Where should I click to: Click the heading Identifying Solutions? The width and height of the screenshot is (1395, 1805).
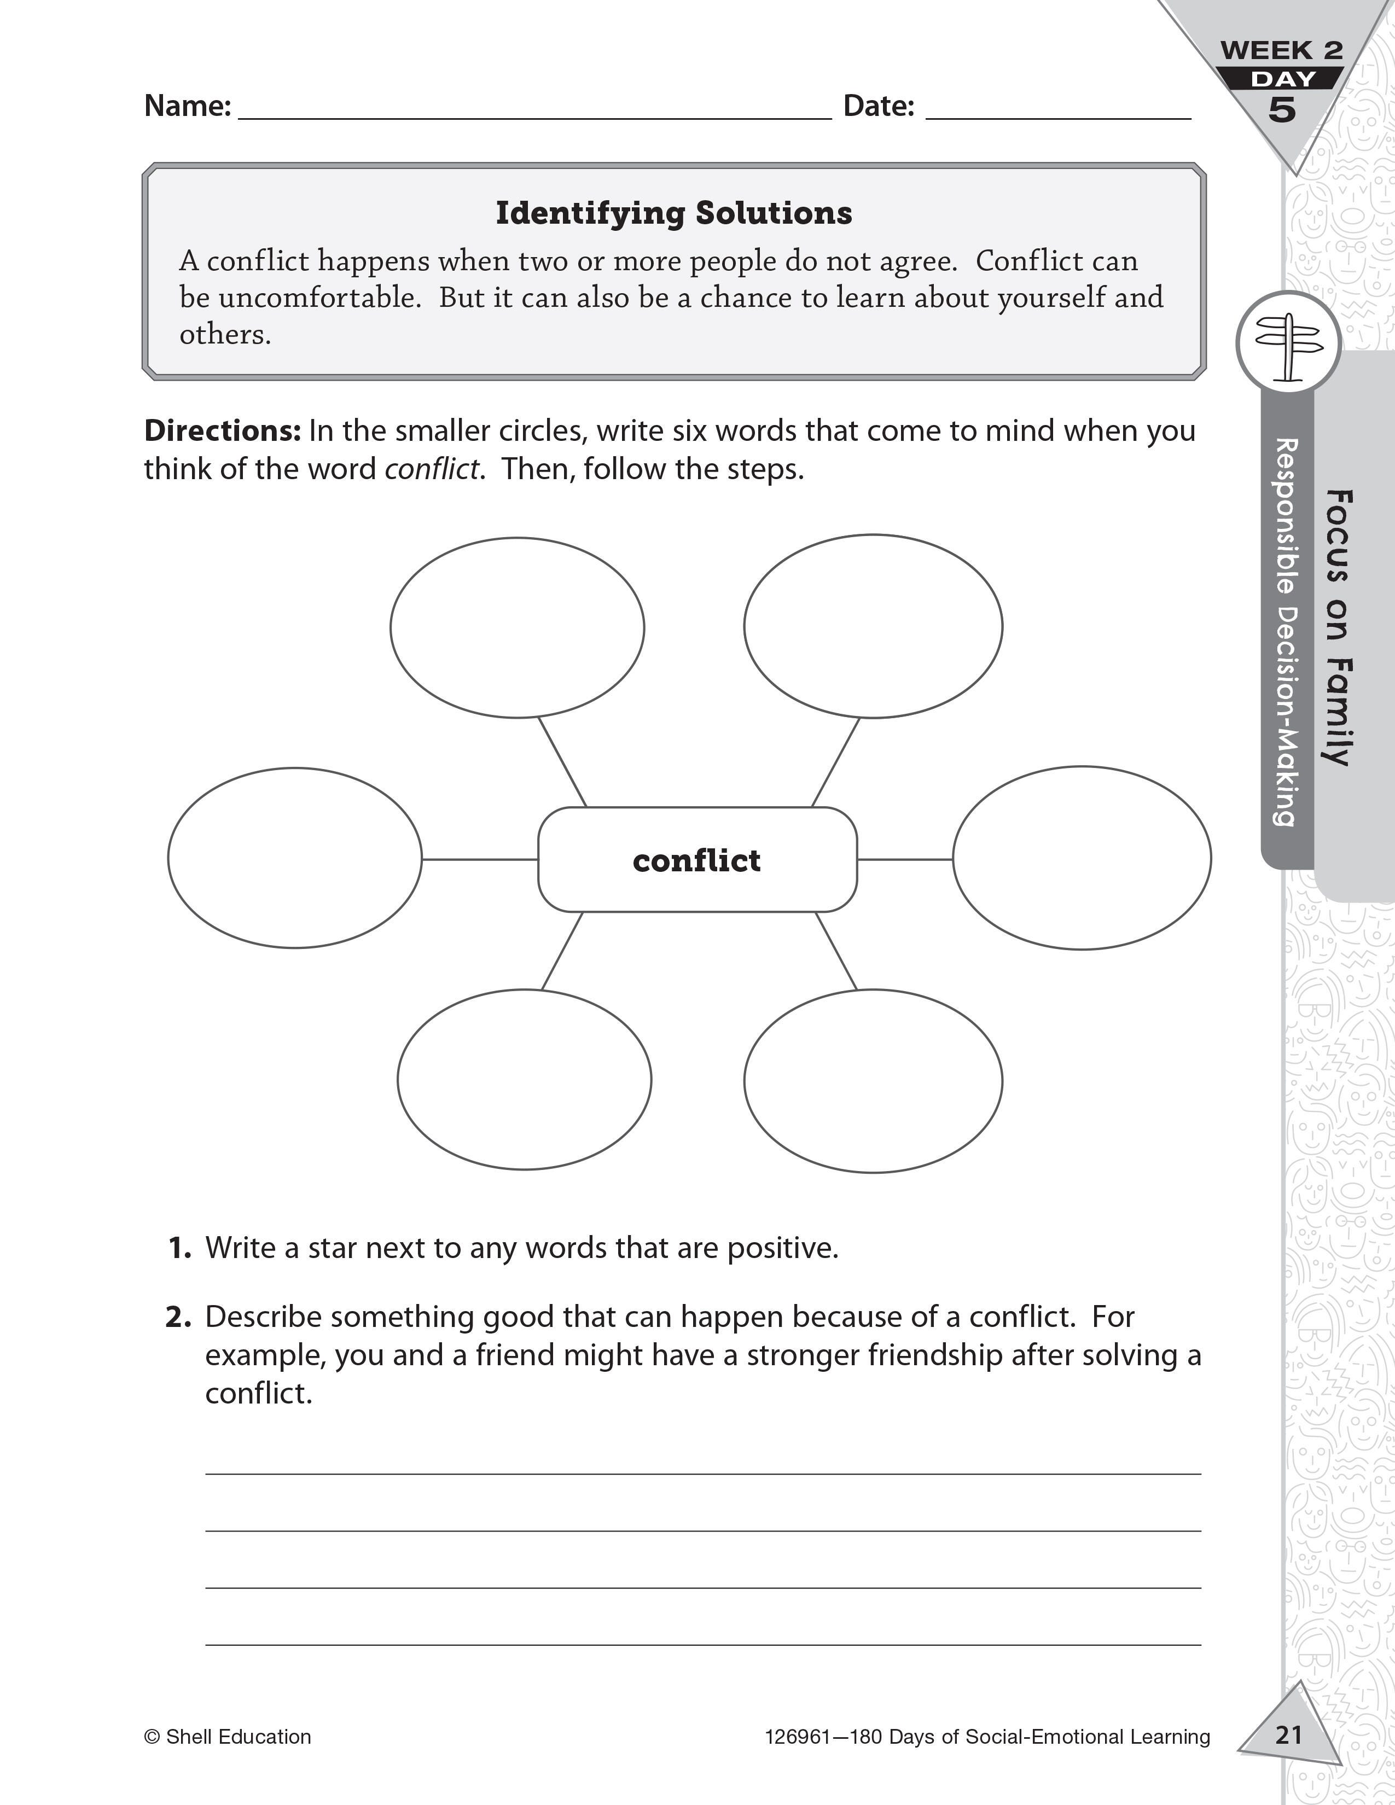coord(673,213)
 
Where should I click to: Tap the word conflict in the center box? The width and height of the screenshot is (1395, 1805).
coord(696,860)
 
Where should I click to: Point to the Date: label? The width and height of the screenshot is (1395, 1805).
coord(879,106)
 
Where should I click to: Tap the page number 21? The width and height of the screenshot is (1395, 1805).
coord(1288,1733)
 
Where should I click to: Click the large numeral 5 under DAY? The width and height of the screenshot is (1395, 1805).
coord(1281,110)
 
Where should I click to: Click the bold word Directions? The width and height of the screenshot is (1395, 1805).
coord(222,430)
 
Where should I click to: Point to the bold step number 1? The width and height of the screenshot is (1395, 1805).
coord(179,1248)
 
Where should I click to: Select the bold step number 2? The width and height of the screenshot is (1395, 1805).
coord(178,1317)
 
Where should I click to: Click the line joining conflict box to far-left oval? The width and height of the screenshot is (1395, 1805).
coord(479,859)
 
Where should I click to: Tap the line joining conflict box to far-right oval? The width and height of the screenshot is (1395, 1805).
coord(905,859)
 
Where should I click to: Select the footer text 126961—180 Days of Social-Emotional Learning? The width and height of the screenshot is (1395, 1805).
coord(987,1737)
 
